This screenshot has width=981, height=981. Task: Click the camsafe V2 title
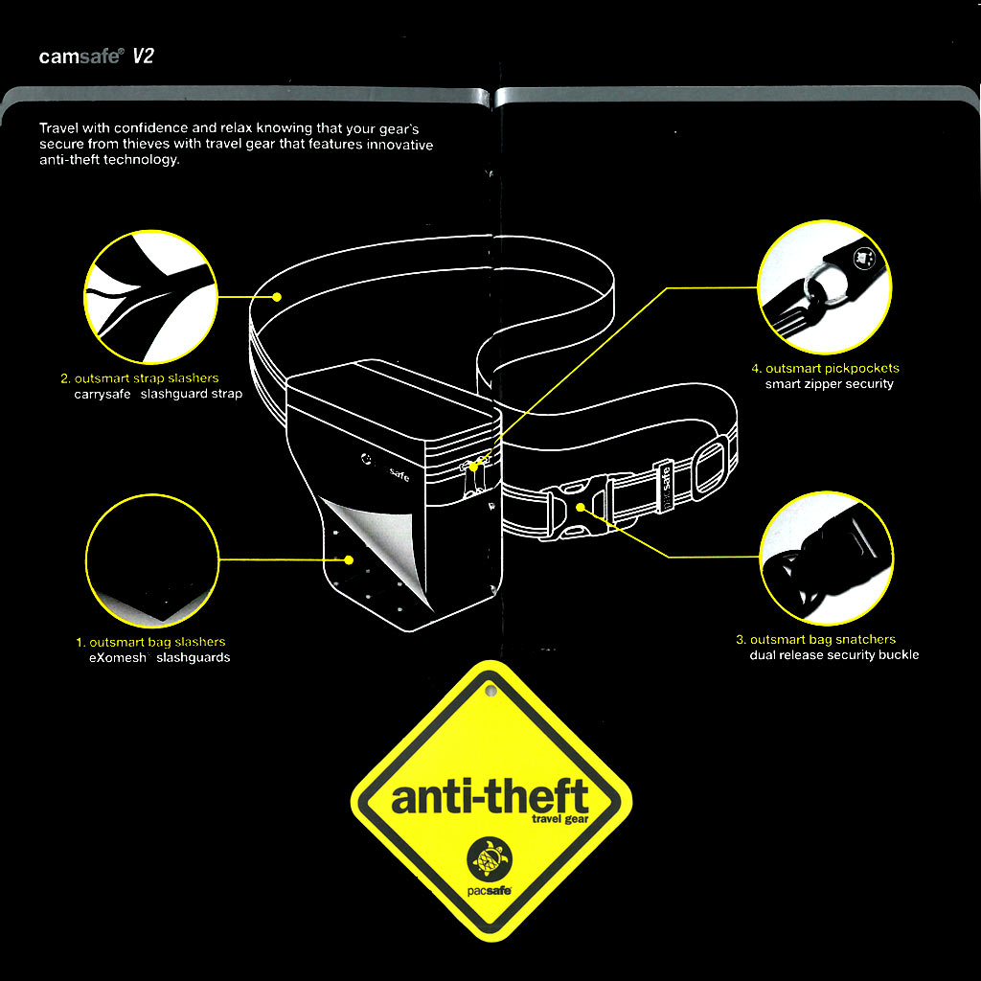point(96,57)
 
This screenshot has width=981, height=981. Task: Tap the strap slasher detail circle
point(150,297)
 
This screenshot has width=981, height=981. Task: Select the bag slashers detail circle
point(152,560)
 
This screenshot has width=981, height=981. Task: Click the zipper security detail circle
point(825,287)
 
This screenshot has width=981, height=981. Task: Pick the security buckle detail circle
point(827,559)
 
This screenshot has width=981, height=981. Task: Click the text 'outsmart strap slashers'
point(147,377)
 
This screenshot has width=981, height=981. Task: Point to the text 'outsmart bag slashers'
point(157,642)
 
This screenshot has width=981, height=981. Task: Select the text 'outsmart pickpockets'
point(833,368)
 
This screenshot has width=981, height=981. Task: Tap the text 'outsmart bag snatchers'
point(823,639)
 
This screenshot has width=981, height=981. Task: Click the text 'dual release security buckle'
point(834,655)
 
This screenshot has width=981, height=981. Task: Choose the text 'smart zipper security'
point(829,383)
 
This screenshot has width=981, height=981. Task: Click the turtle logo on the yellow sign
point(490,858)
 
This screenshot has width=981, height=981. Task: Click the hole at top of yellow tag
point(491,692)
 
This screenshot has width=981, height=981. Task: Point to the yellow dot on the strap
point(277,297)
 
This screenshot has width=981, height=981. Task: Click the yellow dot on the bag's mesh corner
point(349,559)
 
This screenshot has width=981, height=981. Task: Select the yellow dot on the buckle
point(581,507)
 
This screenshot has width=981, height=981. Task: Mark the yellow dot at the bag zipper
point(473,467)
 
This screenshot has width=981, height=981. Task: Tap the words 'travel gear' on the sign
point(559,819)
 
